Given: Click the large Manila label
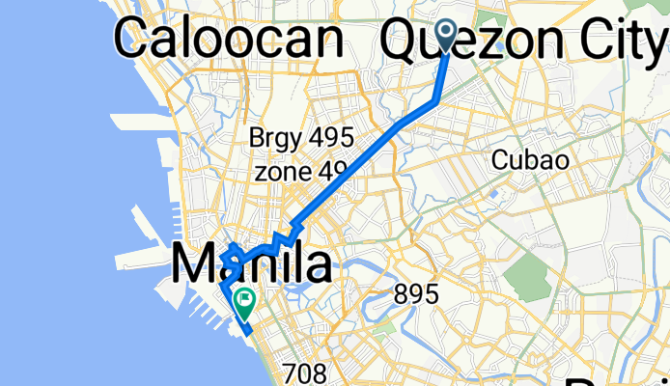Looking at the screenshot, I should point(252,263).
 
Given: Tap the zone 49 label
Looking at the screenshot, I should point(300,173).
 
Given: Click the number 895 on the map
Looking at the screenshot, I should point(416,294).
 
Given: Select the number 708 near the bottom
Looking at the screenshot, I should point(305,372).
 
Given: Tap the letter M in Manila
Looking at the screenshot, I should point(194,263).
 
